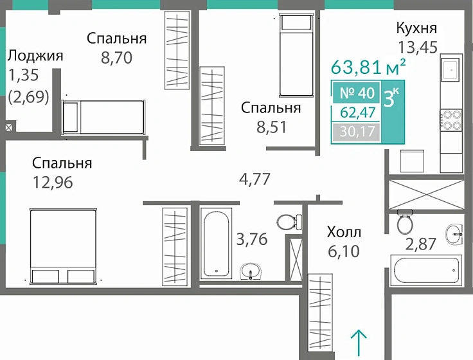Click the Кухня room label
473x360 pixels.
pos(416,28)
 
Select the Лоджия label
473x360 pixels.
pos(35,55)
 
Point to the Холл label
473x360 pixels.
pos(344,232)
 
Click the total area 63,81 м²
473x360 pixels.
pos(368,67)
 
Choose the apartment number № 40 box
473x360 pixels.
pos(356,93)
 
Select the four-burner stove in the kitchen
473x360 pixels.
pos(451,121)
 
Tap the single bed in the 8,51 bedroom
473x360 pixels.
pos(296,55)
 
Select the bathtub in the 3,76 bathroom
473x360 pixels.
pos(214,243)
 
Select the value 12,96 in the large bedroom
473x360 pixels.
pos(53,183)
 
